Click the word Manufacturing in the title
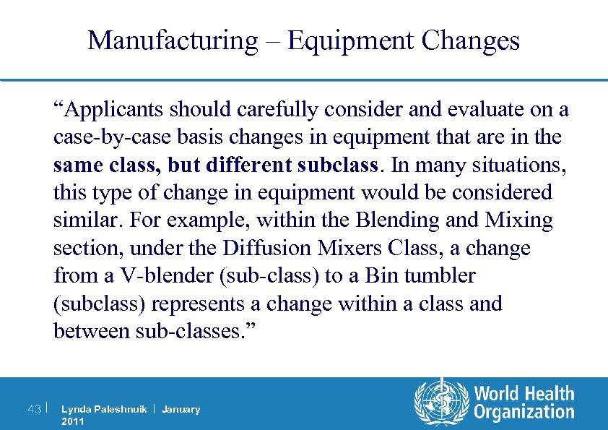(172, 40)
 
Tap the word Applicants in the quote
(113, 109)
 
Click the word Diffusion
(267, 248)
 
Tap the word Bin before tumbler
(381, 275)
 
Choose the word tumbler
(439, 275)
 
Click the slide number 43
(33, 409)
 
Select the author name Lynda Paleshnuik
(104, 410)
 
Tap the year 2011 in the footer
(73, 421)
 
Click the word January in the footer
(181, 410)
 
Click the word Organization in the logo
(524, 413)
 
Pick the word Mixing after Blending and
(519, 220)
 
